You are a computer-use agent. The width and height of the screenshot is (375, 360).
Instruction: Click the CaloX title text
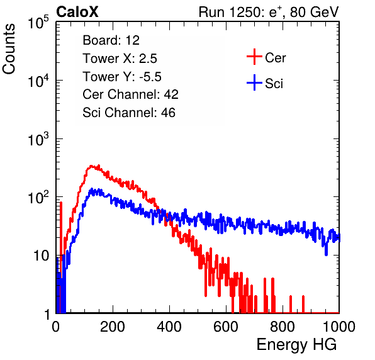(77, 12)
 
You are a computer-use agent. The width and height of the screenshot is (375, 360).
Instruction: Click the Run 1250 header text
(269, 12)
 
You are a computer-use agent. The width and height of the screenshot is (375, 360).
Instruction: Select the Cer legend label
(275, 58)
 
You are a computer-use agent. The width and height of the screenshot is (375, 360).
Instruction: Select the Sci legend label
(274, 84)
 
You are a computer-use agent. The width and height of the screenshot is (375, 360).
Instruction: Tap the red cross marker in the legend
(254, 57)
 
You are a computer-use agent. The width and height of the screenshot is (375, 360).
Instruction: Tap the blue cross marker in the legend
(254, 82)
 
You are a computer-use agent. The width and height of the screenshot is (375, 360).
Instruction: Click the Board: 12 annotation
(111, 40)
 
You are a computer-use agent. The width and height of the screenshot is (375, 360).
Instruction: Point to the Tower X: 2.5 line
(120, 59)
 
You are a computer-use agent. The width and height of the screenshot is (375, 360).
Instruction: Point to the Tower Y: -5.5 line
(122, 77)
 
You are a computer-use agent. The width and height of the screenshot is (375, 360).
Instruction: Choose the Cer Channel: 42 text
(131, 94)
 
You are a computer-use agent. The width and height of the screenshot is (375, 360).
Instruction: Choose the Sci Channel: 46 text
(129, 113)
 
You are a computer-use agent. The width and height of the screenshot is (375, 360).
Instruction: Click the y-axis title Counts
(9, 49)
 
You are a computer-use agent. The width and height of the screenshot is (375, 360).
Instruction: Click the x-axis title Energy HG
(296, 345)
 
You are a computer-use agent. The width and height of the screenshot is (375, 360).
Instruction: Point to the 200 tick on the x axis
(113, 327)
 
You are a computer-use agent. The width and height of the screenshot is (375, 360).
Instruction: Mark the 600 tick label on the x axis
(226, 327)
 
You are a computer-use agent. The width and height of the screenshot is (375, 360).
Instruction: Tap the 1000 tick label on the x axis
(339, 327)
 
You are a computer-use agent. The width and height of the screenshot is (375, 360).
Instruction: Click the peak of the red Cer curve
(91, 166)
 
